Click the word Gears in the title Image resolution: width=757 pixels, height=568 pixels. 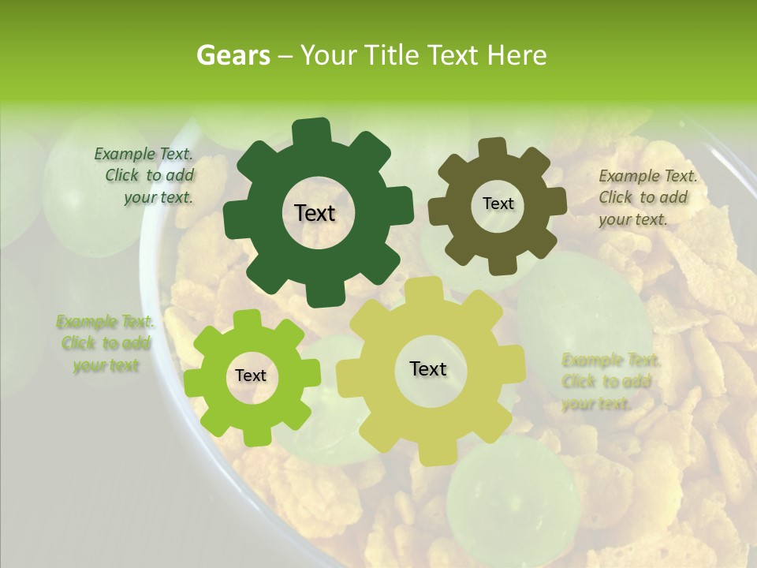click(233, 55)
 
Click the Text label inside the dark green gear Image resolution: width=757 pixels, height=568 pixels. click(315, 213)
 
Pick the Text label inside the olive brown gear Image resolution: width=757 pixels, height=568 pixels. click(498, 204)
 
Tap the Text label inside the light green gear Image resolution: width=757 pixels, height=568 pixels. click(251, 376)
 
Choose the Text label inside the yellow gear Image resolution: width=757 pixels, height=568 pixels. click(428, 368)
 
